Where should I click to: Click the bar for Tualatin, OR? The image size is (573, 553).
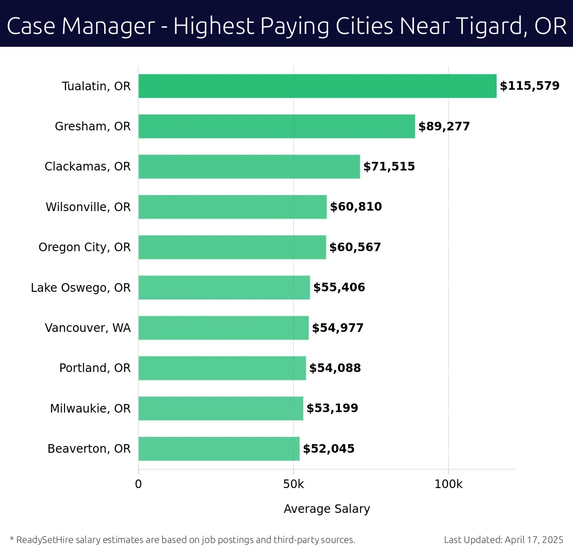coord(317,86)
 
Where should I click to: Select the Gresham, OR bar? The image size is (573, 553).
coord(276,126)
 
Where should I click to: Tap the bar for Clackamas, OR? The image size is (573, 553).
coord(249,167)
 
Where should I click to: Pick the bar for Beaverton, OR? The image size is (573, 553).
coord(219,448)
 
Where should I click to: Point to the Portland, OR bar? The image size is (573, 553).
coord(222,368)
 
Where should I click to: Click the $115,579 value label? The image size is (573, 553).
coord(529,86)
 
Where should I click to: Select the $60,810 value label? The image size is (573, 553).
coord(356,207)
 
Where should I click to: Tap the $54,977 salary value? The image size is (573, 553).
coord(338,328)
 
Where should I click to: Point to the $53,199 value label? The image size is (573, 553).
coord(332,408)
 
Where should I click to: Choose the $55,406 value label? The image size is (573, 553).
coord(339,287)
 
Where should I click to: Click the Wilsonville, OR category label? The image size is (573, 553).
coord(88,207)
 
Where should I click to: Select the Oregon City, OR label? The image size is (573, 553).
coord(85,247)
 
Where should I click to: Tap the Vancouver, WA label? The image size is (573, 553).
coord(87,328)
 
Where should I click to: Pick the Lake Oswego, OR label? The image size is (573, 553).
coord(81,287)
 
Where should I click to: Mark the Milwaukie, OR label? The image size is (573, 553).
coord(90,408)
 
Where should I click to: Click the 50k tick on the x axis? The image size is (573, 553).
coord(293,484)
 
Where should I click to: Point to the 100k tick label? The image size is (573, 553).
coord(448,484)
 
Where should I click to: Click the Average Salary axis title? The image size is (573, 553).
coord(327,509)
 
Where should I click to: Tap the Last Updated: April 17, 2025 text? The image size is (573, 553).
coord(503,540)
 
